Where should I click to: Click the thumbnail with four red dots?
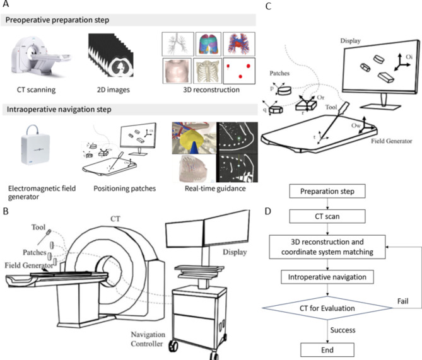[242, 68]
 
